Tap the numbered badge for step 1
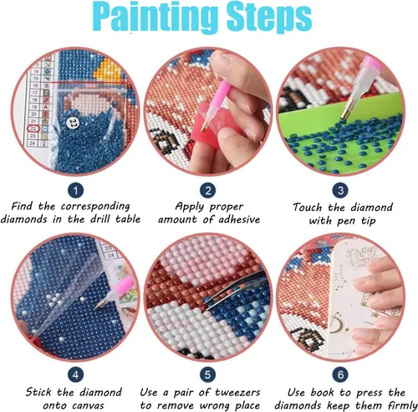(75, 191)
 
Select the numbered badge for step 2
(208, 191)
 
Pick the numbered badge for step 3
(340, 191)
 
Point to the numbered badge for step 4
(75, 375)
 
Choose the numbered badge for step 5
(208, 375)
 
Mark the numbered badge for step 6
(340, 375)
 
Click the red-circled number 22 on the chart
(33, 128)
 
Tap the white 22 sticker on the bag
(74, 122)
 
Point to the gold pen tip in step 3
(347, 112)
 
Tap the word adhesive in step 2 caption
(239, 219)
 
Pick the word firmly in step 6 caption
(402, 405)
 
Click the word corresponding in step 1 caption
(95, 207)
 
